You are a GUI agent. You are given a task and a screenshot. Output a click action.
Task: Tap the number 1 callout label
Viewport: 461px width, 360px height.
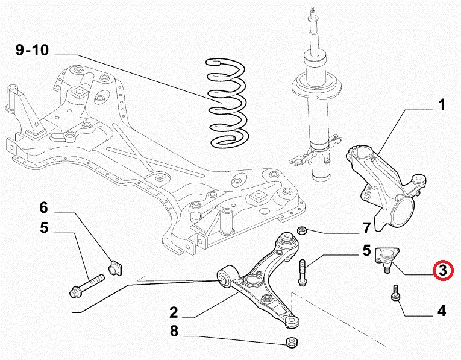pyautogui.click(x=442, y=106)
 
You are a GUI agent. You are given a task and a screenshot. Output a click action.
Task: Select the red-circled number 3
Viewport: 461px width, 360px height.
pyautogui.click(x=443, y=271)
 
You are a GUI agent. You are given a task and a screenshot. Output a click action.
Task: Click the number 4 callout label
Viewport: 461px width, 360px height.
pyautogui.click(x=442, y=311)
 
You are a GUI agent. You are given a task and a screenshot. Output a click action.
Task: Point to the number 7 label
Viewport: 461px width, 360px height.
pyautogui.click(x=365, y=229)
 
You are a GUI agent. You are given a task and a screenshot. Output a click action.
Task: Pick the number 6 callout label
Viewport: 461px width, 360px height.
pyautogui.click(x=43, y=208)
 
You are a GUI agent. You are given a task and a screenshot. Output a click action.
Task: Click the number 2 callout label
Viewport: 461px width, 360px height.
pyautogui.click(x=174, y=312)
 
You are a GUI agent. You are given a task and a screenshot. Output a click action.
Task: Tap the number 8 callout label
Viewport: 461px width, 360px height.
pyautogui.click(x=174, y=332)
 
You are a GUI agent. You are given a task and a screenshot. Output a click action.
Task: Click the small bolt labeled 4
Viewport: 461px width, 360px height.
pyautogui.click(x=397, y=295)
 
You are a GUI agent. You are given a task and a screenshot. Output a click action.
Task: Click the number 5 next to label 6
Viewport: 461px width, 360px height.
pyautogui.click(x=43, y=229)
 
